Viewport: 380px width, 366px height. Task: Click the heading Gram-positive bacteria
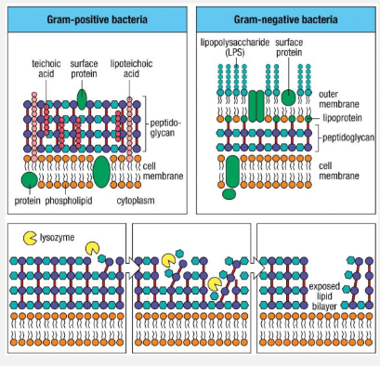(96, 19)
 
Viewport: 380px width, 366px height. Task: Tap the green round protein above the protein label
(30, 178)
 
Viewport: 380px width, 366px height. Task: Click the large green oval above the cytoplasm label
(101, 170)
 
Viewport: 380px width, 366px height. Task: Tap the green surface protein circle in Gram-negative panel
(289, 97)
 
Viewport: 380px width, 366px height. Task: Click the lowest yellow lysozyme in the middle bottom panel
(215, 285)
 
